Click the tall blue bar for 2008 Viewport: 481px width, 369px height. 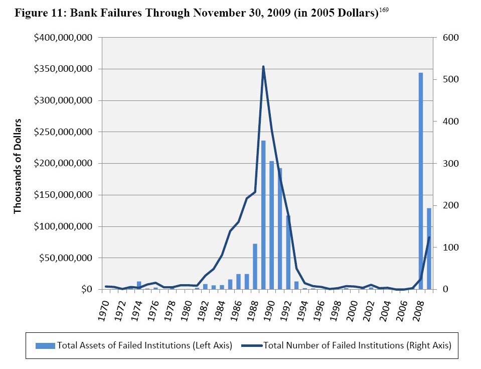(x=421, y=181)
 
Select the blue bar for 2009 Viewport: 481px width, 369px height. (x=429, y=249)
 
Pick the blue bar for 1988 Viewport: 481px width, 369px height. (x=255, y=267)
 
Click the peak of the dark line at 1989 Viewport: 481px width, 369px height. (x=263, y=67)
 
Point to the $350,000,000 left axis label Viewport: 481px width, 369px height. (x=63, y=69)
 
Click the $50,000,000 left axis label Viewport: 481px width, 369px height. (x=66, y=258)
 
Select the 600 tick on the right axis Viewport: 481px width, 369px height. (x=447, y=38)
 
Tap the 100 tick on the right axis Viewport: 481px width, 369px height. (x=447, y=248)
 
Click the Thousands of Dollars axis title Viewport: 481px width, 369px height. (x=18, y=166)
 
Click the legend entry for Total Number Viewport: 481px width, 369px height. (x=346, y=345)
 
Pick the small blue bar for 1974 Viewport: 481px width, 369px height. (x=139, y=285)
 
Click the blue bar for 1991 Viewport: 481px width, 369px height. (x=280, y=228)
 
